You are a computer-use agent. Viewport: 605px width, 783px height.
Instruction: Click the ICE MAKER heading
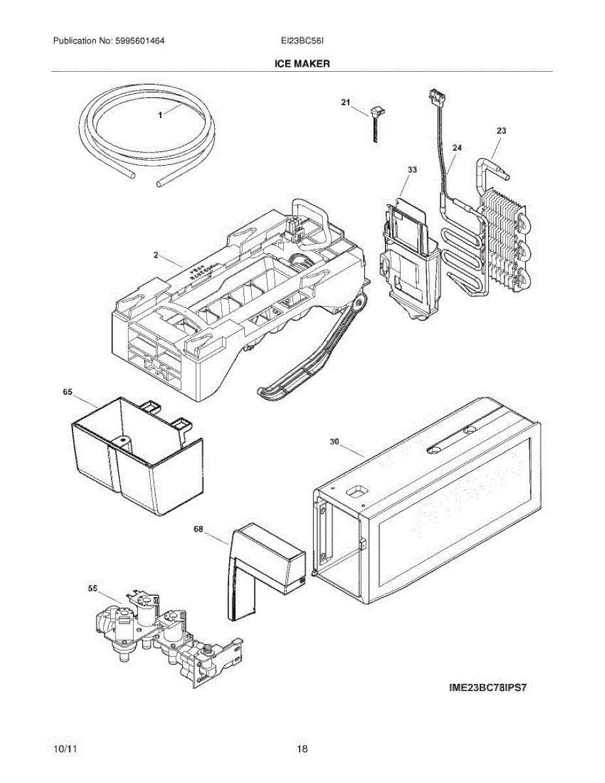pos(302,64)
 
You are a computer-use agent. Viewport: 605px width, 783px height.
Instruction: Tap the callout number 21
pos(346,102)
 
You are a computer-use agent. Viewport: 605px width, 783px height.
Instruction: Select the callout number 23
pos(501,131)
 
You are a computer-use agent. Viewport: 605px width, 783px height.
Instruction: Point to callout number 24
pos(456,148)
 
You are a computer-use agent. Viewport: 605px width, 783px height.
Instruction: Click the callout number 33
pos(412,170)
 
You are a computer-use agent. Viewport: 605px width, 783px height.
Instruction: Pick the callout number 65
pos(67,392)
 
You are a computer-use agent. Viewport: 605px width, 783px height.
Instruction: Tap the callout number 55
pos(93,588)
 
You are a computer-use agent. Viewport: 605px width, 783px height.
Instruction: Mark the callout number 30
pos(334,442)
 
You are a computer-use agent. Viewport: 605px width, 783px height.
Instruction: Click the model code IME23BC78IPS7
pos(487,686)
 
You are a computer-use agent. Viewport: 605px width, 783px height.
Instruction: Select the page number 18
pos(302,748)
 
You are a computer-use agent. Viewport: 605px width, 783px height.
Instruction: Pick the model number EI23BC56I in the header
pos(303,40)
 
